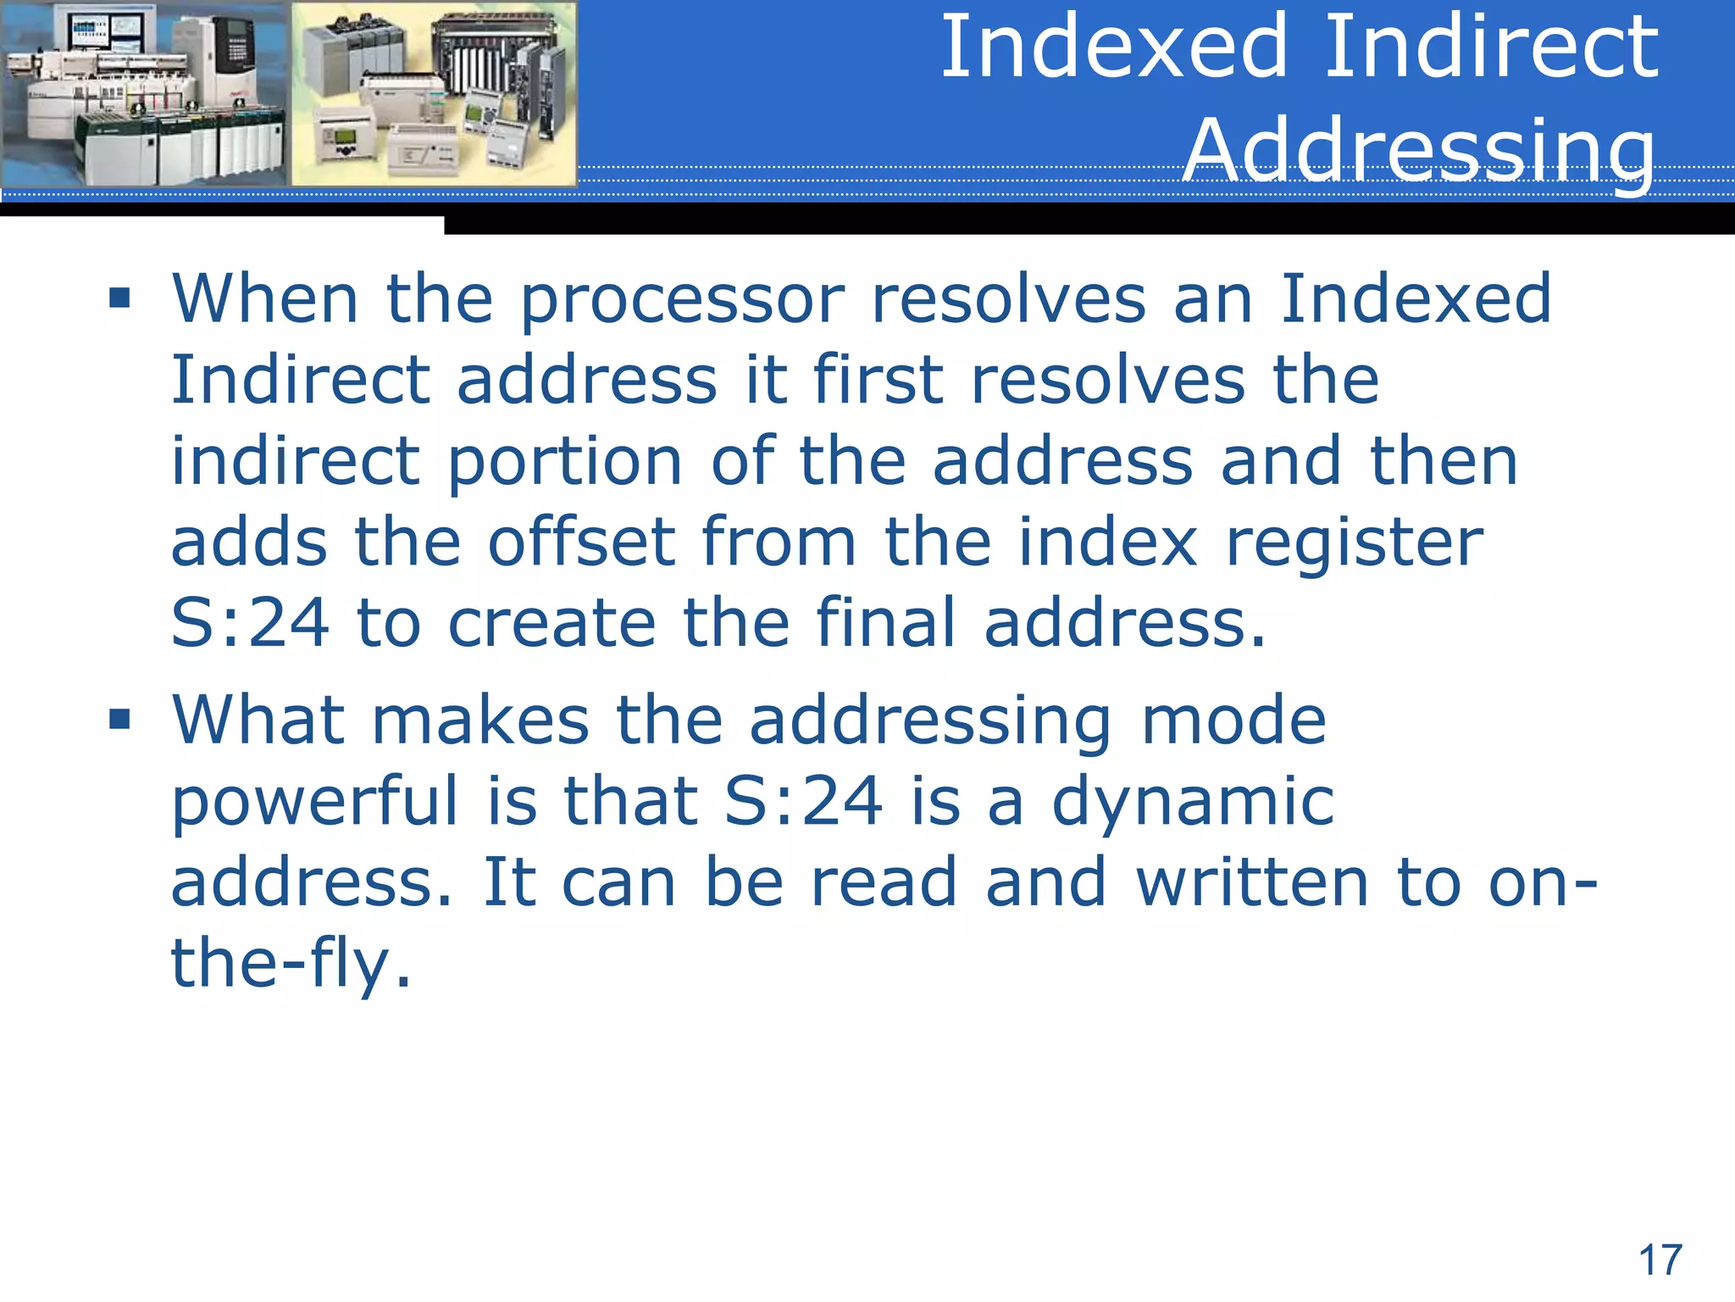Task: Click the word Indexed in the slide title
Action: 1115,47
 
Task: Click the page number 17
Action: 1660,1260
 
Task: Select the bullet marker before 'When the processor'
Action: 119,298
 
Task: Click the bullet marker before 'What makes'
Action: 119,720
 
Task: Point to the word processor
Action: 682,300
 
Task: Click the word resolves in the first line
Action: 1008,300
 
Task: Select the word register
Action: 1354,544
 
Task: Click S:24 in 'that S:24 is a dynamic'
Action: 803,801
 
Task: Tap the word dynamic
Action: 1192,803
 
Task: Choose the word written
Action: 1251,882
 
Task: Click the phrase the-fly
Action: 291,964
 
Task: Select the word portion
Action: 564,463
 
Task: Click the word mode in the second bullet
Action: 1233,721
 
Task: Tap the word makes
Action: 479,721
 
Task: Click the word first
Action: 878,381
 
